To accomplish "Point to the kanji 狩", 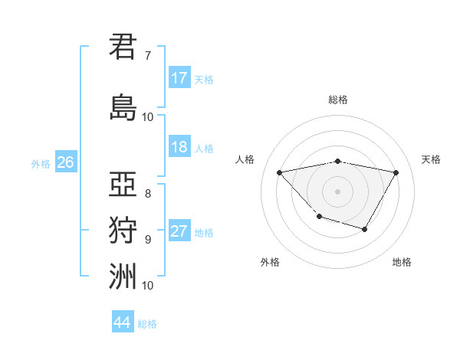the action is [123, 229].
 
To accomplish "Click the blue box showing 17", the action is [179, 78].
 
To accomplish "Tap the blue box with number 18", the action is [179, 147].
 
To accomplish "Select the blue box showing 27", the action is [179, 231].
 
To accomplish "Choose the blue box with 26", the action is [65, 162].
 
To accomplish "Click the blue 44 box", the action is [123, 322].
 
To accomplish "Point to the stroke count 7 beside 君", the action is [147, 56].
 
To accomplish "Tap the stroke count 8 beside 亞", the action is [147, 193].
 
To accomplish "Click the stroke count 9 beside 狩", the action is [147, 239].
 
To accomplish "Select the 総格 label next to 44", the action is [147, 324].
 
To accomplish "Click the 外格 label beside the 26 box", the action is [41, 163].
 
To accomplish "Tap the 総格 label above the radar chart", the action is [337, 100].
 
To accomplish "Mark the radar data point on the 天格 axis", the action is [396, 172].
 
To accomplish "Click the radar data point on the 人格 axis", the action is [279, 172].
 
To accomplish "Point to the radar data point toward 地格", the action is [365, 229].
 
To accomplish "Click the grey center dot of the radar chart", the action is [337, 191].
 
